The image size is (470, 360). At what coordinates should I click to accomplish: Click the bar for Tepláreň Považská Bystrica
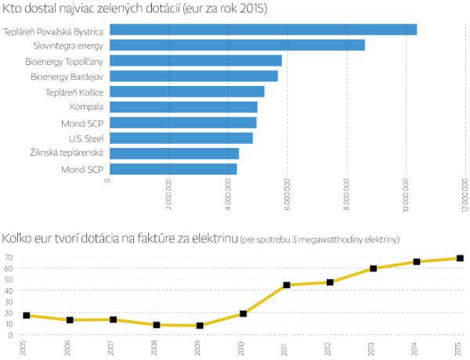(x=262, y=30)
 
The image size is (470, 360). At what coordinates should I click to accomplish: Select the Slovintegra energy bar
(x=237, y=45)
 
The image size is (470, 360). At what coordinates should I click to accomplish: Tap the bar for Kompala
(x=183, y=107)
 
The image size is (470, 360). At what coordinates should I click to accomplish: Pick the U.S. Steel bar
(x=180, y=138)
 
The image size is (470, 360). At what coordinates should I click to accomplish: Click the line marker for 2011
(x=287, y=285)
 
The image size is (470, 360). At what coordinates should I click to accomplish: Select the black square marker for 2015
(x=461, y=258)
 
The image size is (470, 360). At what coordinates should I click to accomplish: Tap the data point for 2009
(x=200, y=326)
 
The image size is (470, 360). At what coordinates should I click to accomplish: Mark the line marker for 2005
(x=27, y=315)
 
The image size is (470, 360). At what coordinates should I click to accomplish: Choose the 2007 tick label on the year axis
(x=114, y=348)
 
